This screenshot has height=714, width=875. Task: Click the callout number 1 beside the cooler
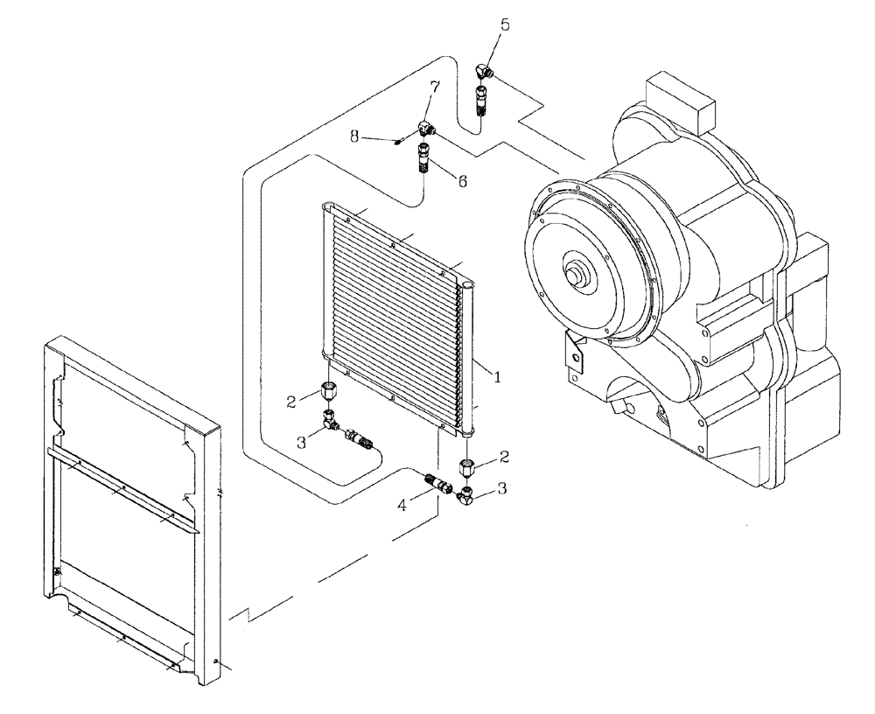coord(498,377)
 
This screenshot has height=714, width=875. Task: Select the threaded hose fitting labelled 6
coord(426,159)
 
